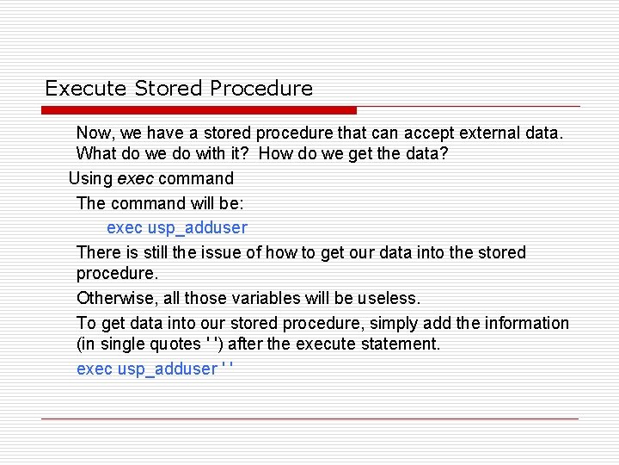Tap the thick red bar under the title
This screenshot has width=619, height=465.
pos(199,110)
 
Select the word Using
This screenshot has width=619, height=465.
pos(90,178)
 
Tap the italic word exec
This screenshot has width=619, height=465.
pos(133,178)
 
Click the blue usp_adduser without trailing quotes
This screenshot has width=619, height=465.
pos(197,227)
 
